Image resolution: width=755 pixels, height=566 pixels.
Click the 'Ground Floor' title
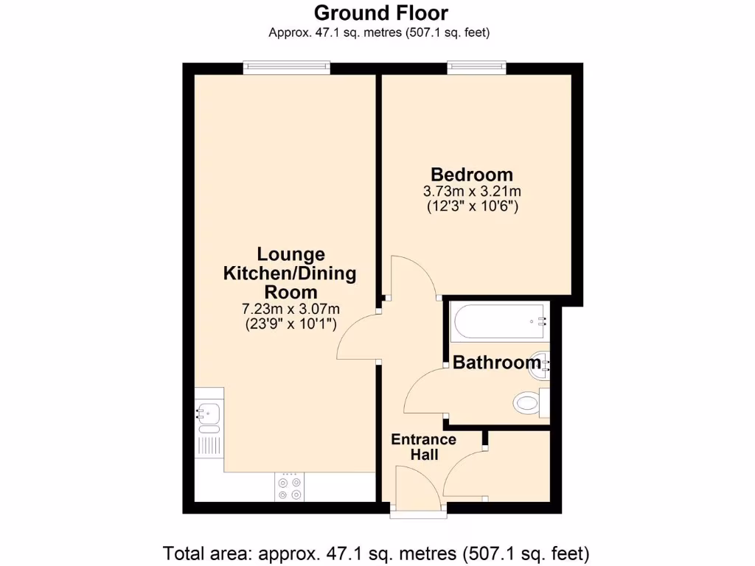pos(380,13)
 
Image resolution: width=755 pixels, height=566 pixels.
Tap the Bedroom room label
pos(472,175)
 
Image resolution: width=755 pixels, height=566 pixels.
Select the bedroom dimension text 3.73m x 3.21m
pos(472,192)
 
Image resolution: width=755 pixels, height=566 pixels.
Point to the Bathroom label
pos(496,363)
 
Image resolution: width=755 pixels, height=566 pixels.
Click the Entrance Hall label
pos(423,447)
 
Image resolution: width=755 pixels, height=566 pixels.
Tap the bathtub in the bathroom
pos(500,321)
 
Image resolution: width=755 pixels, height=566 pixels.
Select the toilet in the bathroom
pos(528,402)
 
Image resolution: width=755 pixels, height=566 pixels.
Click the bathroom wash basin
pos(542,363)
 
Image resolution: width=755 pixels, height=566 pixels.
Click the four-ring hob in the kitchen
pos(289,486)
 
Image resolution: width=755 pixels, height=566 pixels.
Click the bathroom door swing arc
pos(423,391)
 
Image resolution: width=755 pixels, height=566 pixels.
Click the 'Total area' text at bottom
pos(376,551)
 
